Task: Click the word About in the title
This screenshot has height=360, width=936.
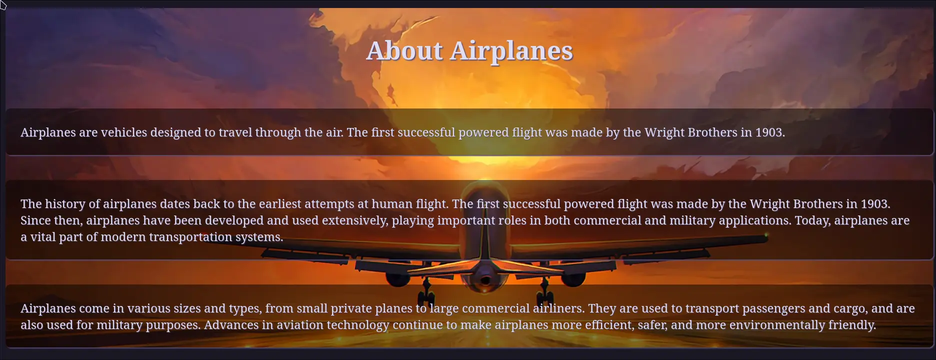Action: coord(404,50)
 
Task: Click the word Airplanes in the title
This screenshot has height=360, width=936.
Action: coord(511,51)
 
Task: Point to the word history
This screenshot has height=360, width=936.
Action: coord(65,204)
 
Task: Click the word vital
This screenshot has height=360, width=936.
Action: coord(43,237)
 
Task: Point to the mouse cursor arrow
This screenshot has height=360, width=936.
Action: coord(3,5)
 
